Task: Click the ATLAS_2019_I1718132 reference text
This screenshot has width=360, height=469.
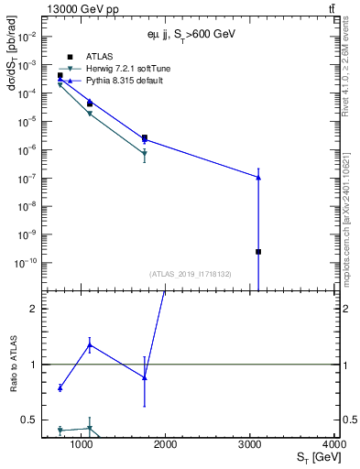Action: click(x=189, y=274)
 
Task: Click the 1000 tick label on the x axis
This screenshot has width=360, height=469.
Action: click(x=82, y=444)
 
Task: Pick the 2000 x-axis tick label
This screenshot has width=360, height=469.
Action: click(x=166, y=444)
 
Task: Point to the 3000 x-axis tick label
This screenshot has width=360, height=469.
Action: click(x=250, y=444)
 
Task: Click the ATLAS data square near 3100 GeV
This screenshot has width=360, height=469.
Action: click(x=258, y=251)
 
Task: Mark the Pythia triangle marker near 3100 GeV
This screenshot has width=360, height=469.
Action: click(x=258, y=177)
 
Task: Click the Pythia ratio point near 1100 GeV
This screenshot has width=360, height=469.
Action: click(x=90, y=344)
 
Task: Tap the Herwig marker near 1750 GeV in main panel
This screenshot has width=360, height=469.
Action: click(x=145, y=152)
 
